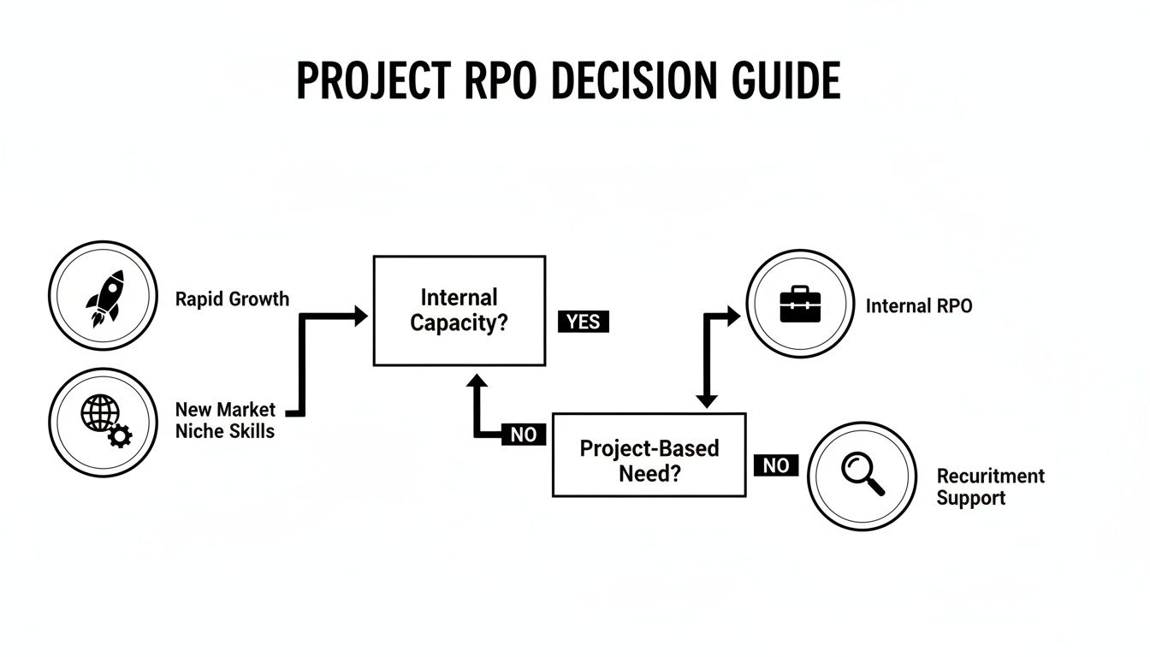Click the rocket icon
[104, 296]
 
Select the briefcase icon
[800, 305]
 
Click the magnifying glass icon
[862, 474]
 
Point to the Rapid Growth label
[232, 299]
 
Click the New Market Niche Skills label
[225, 420]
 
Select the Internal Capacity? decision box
[459, 311]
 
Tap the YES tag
[584, 322]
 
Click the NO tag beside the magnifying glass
[776, 465]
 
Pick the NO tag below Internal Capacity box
[523, 435]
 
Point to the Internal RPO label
[919, 306]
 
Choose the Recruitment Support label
[990, 487]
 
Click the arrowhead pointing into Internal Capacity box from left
[360, 317]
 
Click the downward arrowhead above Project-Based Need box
[706, 400]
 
